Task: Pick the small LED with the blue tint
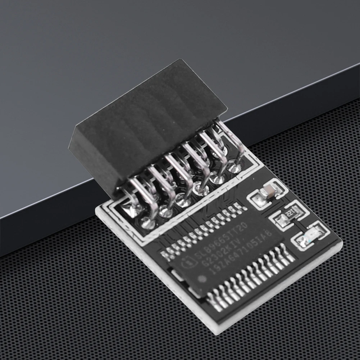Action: click(310, 234)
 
